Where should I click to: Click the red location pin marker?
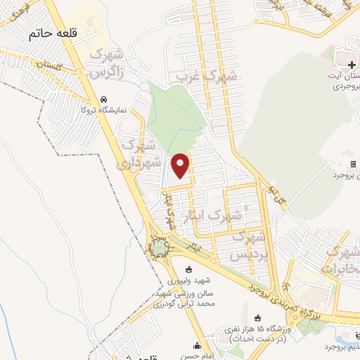click(181, 165)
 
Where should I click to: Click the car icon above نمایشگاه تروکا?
click(105, 99)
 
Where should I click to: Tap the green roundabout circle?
click(160, 248)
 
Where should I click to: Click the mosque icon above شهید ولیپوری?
click(188, 269)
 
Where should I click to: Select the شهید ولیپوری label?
click(188, 280)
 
